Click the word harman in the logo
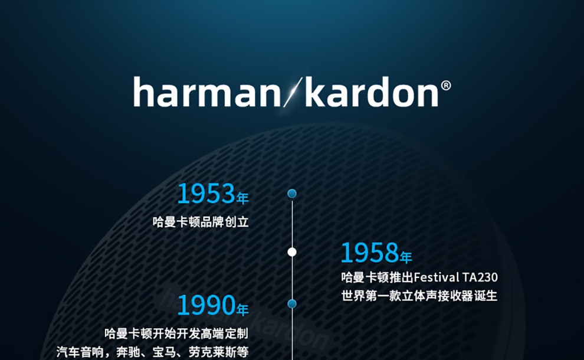pos(207,91)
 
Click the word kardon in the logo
pos(372,91)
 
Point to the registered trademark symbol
pos(446,86)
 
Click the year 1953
pos(206,194)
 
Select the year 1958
pos(370,253)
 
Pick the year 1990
pos(206,305)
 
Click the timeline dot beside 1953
pos(292,194)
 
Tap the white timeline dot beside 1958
pos(292,253)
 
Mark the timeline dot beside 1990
pos(292,304)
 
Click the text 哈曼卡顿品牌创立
pos(201,222)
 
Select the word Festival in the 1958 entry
pos(437,277)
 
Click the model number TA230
pos(480,277)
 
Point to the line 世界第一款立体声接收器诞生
pos(419,296)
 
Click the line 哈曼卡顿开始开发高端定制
pos(176,333)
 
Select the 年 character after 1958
pos(406,257)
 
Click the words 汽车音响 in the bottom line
pos(80,352)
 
